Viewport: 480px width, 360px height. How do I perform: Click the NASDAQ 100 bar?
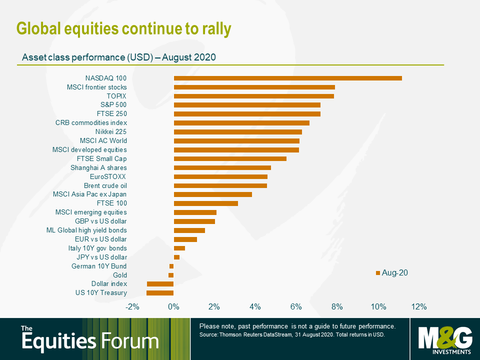[x=287, y=78]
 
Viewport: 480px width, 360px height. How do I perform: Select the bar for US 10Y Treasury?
[x=160, y=293]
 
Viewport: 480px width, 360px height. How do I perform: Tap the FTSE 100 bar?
[x=205, y=203]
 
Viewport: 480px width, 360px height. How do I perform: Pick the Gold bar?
[x=171, y=275]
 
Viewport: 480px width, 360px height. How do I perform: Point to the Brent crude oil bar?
[x=220, y=185]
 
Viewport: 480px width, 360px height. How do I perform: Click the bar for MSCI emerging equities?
[x=195, y=212]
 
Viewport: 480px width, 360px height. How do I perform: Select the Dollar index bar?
[x=160, y=284]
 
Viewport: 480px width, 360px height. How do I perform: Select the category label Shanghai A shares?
[x=98, y=167]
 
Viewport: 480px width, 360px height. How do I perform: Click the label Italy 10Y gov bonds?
[x=97, y=248]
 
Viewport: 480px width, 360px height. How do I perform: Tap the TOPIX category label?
[x=116, y=96]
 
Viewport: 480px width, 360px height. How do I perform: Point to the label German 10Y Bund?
[x=99, y=266]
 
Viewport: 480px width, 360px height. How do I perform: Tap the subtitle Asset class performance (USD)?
[x=87, y=57]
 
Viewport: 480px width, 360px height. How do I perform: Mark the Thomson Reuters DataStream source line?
[x=291, y=334]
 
